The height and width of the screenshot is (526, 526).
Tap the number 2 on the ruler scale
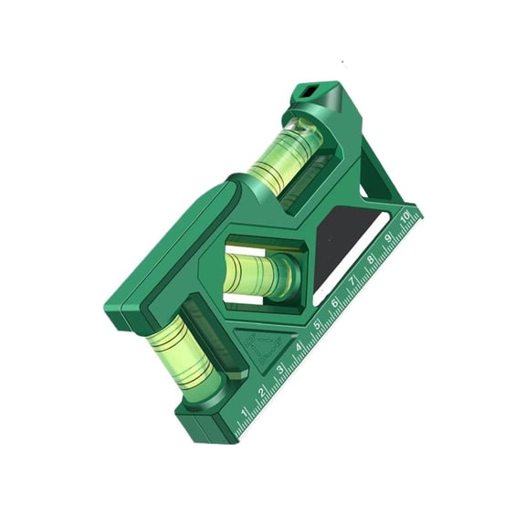click(x=262, y=392)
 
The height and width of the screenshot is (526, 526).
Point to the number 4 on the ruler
click(x=299, y=347)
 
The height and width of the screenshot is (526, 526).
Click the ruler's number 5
click(x=317, y=325)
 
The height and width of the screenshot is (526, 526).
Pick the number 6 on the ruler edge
click(x=335, y=304)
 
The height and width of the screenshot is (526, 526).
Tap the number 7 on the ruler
click(x=352, y=282)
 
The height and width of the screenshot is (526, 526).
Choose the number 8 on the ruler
click(x=371, y=260)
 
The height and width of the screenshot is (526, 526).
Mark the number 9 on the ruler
click(x=388, y=239)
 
